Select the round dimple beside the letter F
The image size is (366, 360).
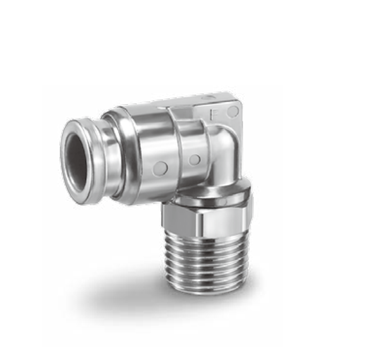click(233, 112)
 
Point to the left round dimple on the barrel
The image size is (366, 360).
click(161, 167)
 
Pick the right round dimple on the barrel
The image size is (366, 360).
click(195, 160)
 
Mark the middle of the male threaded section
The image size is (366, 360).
click(206, 262)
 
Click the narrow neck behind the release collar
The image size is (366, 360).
click(107, 158)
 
